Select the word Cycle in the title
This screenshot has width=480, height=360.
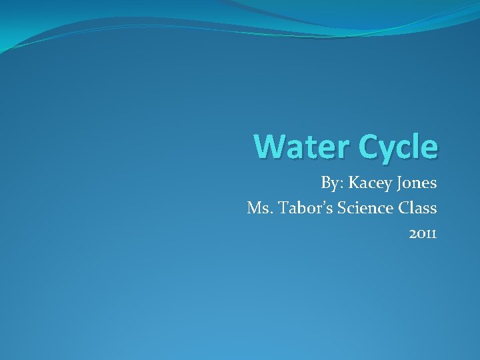pos(399,147)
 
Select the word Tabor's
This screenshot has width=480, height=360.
pos(306,209)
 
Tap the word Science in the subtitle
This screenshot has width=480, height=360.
pos(365,209)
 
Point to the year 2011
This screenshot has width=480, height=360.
pos(423,234)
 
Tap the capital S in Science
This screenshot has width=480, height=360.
pos(342,209)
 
